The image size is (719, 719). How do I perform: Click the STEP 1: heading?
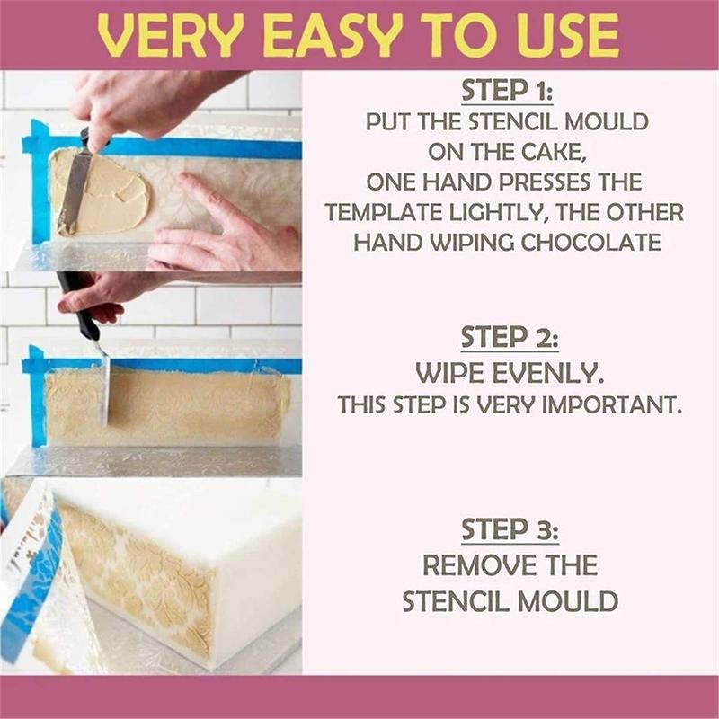pos(510,91)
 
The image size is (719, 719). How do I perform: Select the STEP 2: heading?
pos(510,338)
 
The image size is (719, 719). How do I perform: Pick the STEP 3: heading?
pos(510,530)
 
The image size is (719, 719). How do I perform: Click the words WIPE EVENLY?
pos(510,373)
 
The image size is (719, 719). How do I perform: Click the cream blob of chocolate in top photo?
pos(103,191)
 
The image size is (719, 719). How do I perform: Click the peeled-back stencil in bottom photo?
pos(45,575)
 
